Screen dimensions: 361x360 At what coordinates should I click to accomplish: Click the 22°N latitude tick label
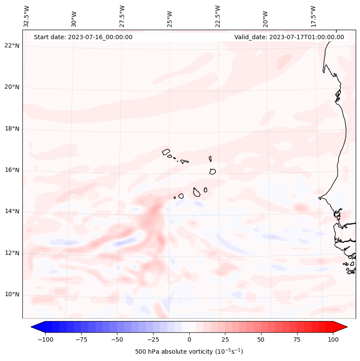12,46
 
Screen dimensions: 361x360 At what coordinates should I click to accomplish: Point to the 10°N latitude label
12,295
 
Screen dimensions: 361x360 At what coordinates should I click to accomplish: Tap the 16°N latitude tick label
12,170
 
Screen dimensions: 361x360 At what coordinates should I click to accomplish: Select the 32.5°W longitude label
27,16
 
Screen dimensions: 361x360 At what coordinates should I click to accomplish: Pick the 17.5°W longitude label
313,16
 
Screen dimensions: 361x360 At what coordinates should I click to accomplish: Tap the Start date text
83,37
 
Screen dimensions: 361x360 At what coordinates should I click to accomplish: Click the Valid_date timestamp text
289,37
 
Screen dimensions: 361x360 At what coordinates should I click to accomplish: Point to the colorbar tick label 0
189,339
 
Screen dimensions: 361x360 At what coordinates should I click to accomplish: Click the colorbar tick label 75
297,339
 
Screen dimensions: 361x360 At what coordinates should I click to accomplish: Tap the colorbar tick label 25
225,339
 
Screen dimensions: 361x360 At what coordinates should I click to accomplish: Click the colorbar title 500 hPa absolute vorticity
189,352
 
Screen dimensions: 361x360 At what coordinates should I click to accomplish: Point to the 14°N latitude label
12,212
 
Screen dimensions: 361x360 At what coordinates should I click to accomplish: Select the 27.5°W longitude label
122,16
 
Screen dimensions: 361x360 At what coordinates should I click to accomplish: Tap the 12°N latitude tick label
12,253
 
